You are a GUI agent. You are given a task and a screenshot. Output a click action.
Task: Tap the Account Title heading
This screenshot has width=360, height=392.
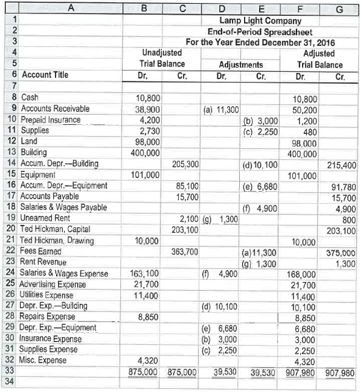[45, 75]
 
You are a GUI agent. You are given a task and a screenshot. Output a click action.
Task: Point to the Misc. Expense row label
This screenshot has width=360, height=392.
[44, 360]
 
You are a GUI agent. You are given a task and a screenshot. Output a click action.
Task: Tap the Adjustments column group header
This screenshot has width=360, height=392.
[240, 65]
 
